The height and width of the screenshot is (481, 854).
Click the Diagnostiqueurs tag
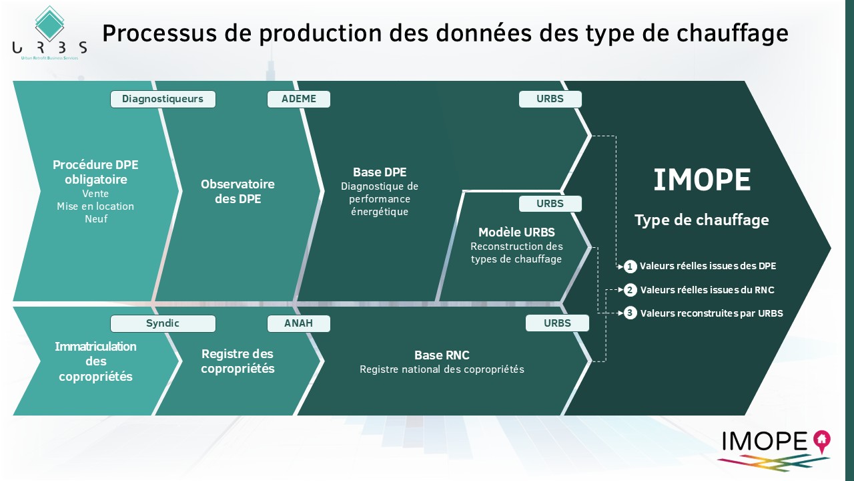(163, 100)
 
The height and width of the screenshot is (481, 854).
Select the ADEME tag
(298, 100)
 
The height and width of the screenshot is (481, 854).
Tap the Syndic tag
(163, 323)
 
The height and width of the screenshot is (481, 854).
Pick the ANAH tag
(298, 323)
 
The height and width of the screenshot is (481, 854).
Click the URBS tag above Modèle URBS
(550, 204)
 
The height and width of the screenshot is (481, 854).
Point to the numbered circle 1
(630, 267)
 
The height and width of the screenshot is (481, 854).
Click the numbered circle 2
(630, 290)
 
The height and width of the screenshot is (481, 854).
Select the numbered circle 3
(630, 313)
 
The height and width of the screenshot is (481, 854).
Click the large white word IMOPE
(702, 180)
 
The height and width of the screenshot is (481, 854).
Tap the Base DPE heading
(380, 172)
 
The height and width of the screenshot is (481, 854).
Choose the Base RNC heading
(442, 355)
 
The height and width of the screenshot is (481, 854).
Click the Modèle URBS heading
(516, 232)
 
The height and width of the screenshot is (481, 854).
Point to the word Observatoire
(238, 184)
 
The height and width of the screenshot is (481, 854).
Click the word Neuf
(96, 219)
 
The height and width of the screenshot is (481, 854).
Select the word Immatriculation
(95, 347)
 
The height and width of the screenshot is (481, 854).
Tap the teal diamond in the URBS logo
(49, 24)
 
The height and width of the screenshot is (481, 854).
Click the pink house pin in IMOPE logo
(821, 442)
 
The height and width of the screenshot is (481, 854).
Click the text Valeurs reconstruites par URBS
(711, 313)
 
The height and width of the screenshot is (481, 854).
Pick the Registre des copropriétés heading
(238, 361)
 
